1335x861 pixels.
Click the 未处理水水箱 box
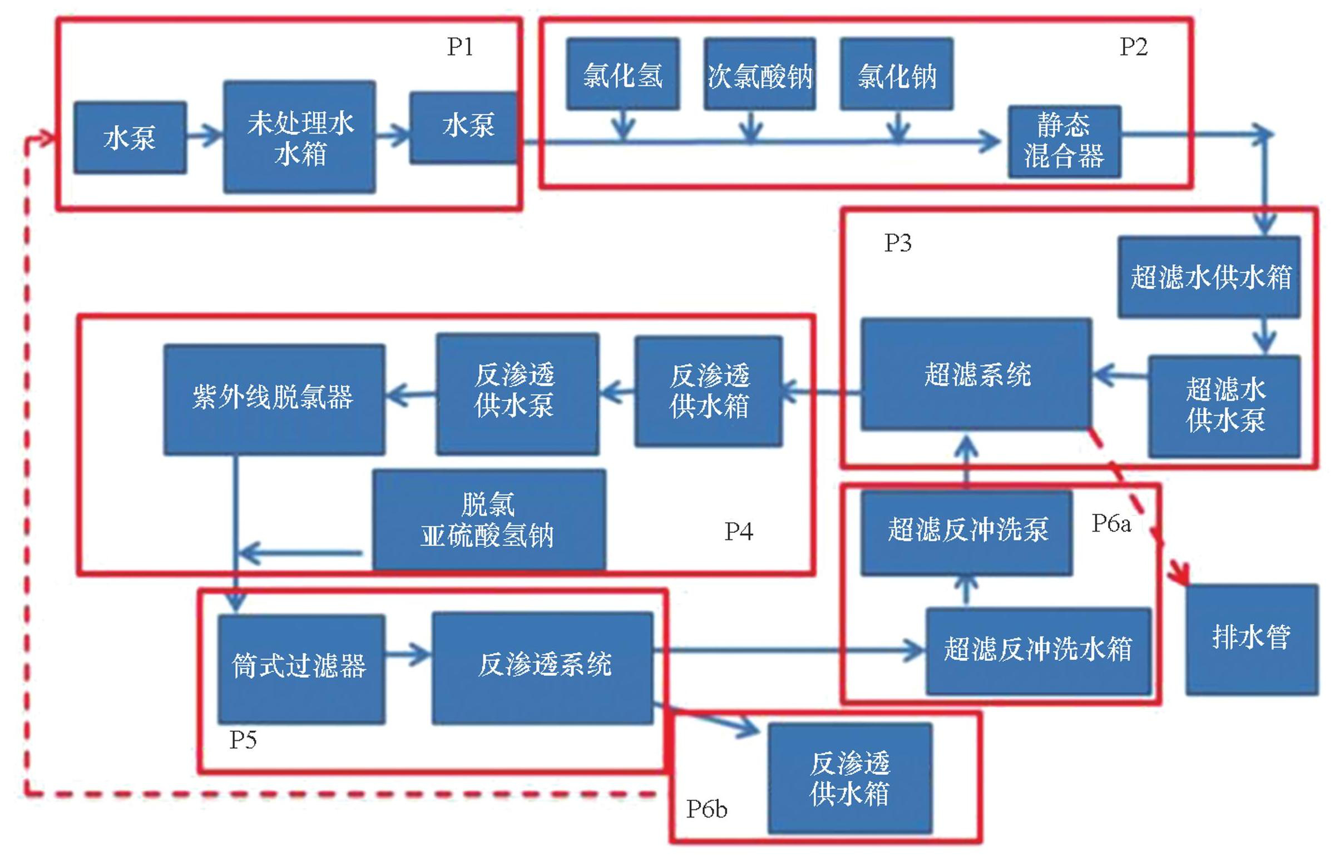[x=300, y=137]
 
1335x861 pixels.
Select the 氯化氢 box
[x=623, y=74]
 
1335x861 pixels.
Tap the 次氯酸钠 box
[x=760, y=74]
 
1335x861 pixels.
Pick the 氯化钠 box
[x=897, y=74]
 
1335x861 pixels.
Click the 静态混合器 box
[x=1065, y=141]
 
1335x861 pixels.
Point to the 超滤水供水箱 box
[x=1209, y=278]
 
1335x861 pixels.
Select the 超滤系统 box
[x=976, y=374]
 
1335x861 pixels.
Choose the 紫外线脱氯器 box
[x=274, y=399]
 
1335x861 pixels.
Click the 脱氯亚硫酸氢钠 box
[x=489, y=520]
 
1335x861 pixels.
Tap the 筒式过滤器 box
[x=301, y=669]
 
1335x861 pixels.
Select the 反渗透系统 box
[x=542, y=668]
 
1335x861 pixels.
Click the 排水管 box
[x=1252, y=640]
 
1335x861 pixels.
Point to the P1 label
[x=460, y=46]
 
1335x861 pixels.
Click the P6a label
[x=1111, y=523]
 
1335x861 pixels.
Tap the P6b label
[x=706, y=809]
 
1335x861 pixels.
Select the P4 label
[x=739, y=531]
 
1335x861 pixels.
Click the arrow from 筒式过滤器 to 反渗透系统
[x=408, y=654]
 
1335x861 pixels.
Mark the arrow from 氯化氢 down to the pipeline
[x=624, y=125]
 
